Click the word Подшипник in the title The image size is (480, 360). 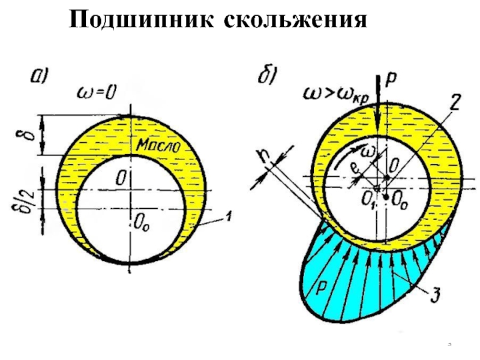point(142,21)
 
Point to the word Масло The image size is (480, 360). point(158,145)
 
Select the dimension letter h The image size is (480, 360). point(259,155)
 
